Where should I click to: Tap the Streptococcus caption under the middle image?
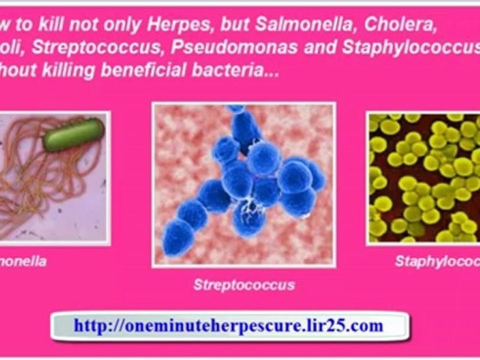coord(244,285)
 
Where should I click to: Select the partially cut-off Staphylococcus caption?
coord(437,261)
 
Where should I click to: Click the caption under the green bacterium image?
coord(23,261)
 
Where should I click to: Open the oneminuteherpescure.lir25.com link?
coord(228,326)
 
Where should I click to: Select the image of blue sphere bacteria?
coord(243,184)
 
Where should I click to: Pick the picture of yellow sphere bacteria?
coord(423,177)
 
